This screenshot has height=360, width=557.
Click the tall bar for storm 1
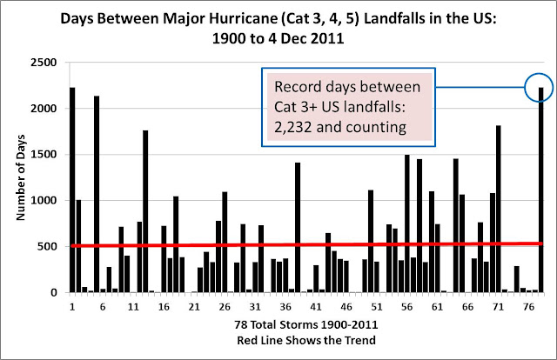[x=72, y=190]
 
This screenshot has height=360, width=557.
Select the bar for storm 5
[x=97, y=194]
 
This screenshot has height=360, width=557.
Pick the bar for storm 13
[x=145, y=211]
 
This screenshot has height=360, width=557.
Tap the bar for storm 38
[x=298, y=227]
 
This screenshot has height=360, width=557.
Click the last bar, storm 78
[x=541, y=190]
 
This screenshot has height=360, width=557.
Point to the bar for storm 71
[x=499, y=209]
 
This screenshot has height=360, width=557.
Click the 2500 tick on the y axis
[x=44, y=63]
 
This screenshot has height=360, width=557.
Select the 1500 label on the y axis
[x=44, y=155]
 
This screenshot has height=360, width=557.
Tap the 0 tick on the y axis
[x=54, y=292]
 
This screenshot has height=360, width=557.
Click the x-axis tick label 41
[x=316, y=307]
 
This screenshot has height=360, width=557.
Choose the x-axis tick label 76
[x=529, y=307]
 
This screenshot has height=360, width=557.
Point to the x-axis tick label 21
[x=194, y=307]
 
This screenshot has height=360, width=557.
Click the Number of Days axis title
[x=21, y=177]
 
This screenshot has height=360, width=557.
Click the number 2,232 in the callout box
[x=292, y=127]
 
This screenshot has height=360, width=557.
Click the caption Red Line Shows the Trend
[x=306, y=340]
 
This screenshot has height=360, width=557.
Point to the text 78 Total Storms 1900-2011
[x=306, y=324]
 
